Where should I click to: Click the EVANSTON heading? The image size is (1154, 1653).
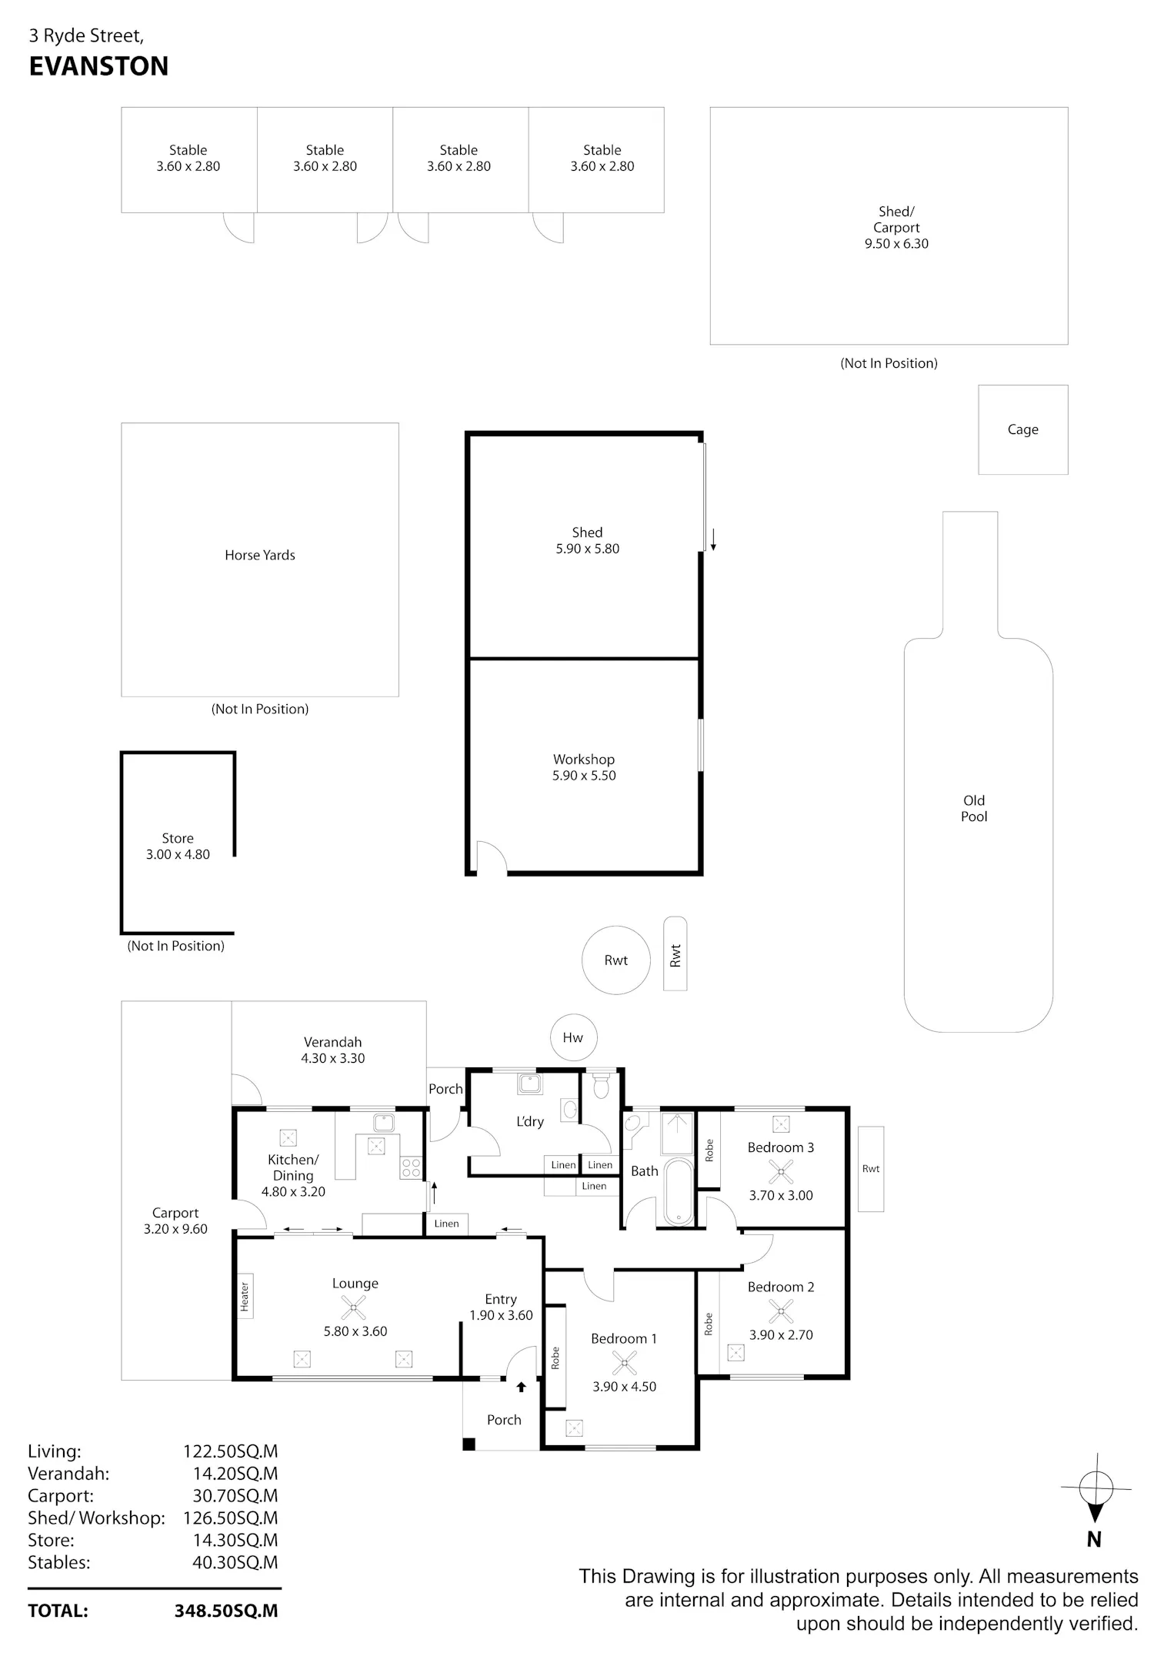click(98, 66)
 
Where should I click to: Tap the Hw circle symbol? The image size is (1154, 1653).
click(573, 1037)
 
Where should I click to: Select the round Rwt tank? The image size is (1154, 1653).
click(616, 960)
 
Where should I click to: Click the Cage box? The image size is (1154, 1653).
click(1023, 429)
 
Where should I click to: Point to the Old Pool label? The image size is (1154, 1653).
click(974, 808)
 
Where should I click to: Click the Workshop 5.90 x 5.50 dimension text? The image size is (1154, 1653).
click(584, 776)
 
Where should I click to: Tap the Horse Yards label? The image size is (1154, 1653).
click(260, 555)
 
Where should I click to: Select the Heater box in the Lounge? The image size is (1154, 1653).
click(245, 1296)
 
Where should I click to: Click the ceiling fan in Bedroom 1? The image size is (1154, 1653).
click(624, 1363)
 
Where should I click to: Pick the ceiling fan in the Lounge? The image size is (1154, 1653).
click(354, 1307)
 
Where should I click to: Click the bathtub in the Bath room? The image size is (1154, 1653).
click(679, 1191)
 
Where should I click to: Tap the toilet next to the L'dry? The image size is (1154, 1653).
click(602, 1085)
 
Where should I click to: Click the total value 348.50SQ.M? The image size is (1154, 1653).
click(226, 1611)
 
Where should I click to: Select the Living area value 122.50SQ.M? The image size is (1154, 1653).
click(230, 1451)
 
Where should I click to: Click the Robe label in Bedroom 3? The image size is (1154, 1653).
click(709, 1150)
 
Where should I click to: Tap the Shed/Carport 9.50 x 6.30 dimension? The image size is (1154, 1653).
click(896, 243)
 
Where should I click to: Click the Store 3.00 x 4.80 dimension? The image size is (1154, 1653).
click(178, 854)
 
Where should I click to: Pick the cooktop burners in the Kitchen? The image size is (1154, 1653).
click(411, 1168)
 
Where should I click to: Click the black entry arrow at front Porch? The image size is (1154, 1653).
click(521, 1387)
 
